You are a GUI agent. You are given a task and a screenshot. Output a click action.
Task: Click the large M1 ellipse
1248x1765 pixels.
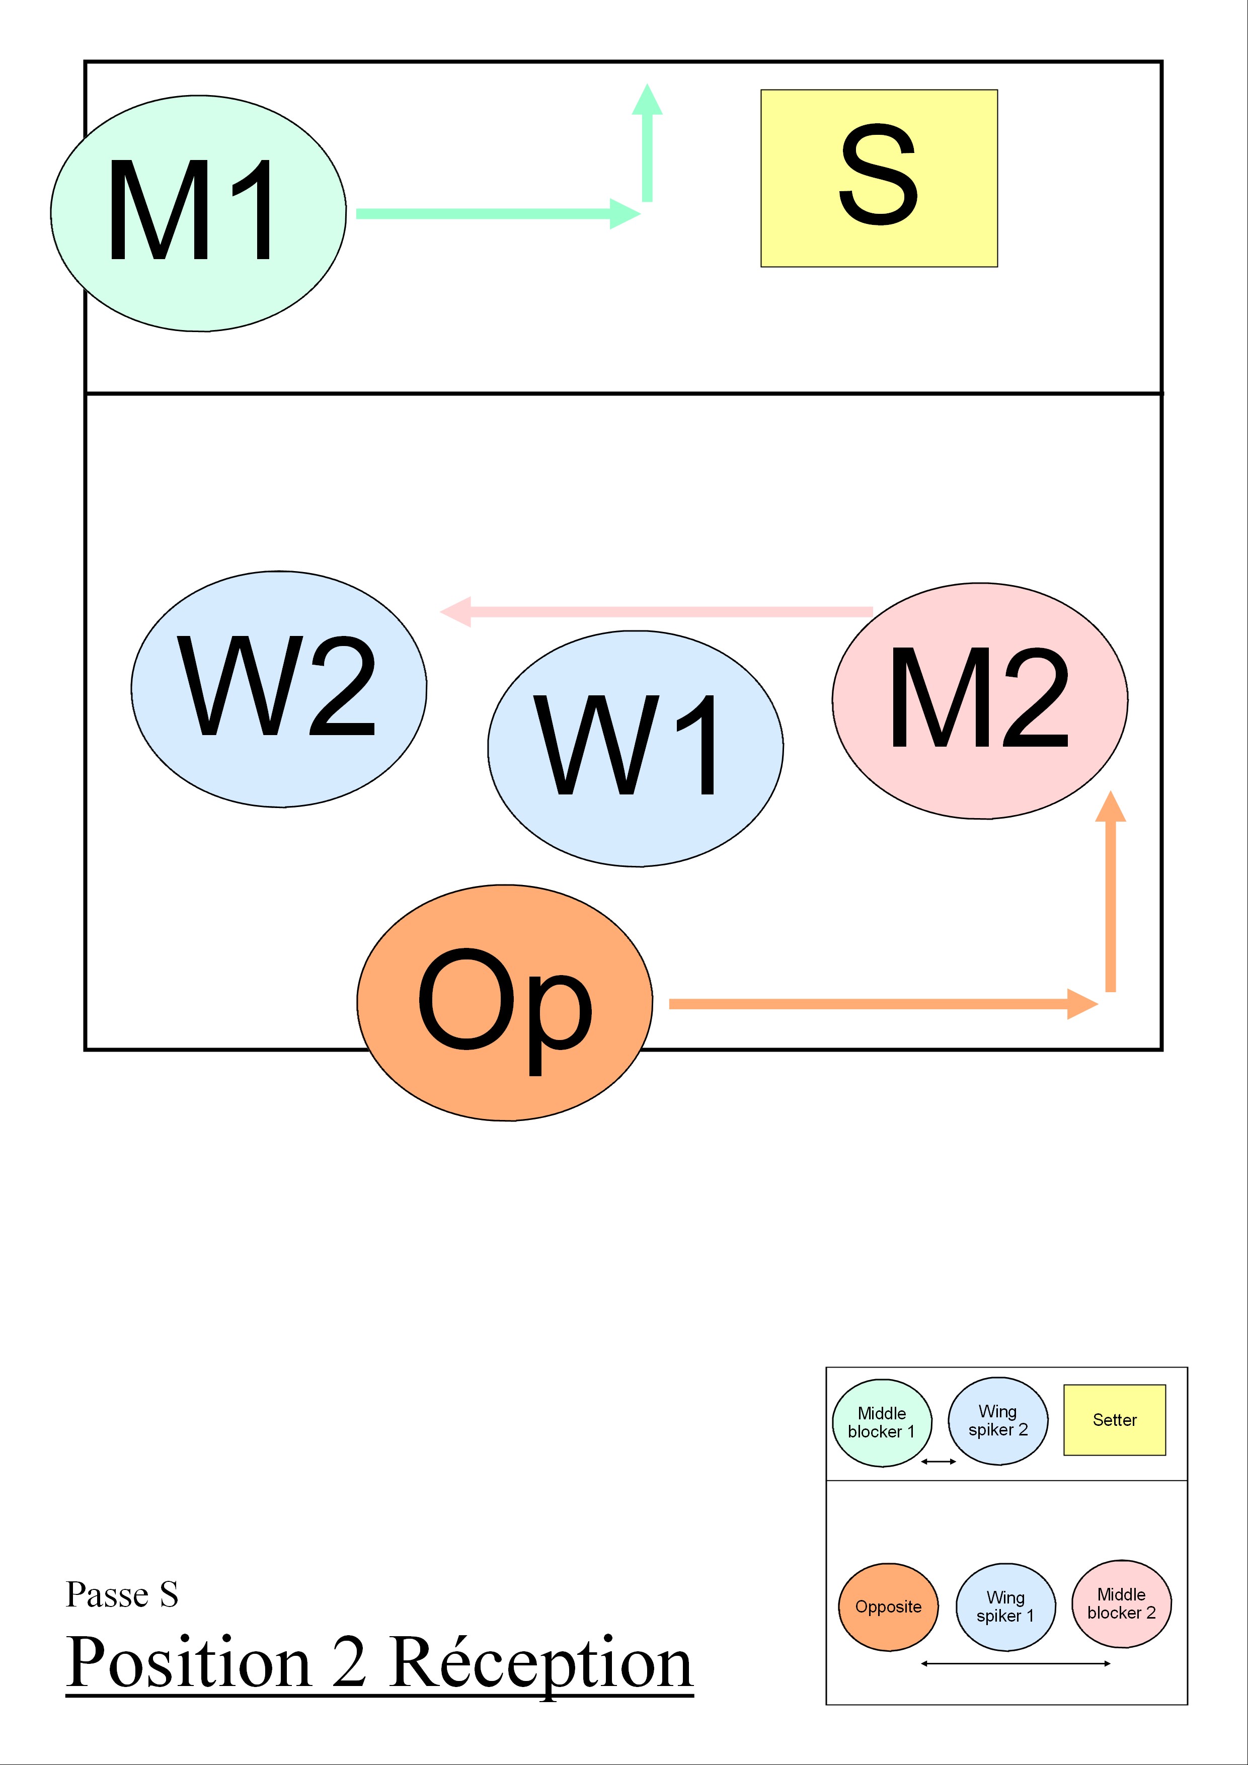198,214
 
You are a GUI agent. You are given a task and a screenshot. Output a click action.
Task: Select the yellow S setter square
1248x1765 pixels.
879,178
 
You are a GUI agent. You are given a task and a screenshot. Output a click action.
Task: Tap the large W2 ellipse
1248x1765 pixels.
278,689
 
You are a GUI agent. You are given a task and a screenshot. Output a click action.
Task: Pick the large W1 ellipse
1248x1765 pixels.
635,749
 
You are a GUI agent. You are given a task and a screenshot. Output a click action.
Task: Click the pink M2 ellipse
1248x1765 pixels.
980,700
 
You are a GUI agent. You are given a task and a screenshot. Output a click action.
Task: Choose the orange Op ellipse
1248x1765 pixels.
504,1002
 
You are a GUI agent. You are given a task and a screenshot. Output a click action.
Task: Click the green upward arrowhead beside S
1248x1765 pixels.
648,100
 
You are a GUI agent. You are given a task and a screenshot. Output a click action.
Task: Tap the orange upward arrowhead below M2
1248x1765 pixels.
1110,807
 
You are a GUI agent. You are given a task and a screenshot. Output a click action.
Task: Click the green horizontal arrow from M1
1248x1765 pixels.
492,214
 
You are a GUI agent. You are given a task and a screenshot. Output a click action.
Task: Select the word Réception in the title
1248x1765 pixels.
541,1663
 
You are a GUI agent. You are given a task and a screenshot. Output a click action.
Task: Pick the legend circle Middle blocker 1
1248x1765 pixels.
882,1422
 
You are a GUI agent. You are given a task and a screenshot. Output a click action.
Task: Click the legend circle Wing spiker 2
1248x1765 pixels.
998,1421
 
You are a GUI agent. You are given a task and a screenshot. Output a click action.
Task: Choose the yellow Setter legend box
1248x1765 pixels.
1114,1420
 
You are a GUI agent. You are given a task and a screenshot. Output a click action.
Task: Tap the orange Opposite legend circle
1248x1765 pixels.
888,1607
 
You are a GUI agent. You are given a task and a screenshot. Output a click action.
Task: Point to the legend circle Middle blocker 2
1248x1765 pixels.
1121,1603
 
